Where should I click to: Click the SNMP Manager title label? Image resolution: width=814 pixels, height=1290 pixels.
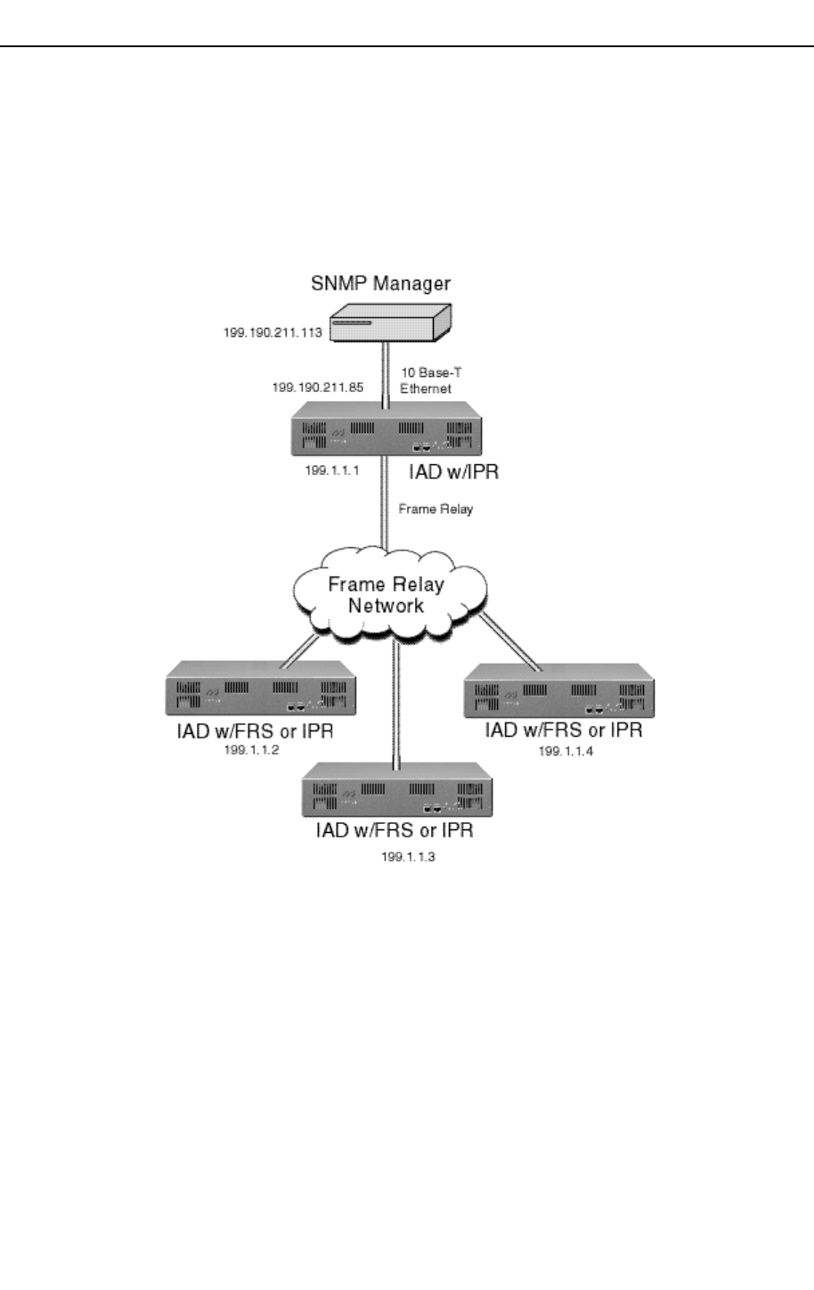coord(380,283)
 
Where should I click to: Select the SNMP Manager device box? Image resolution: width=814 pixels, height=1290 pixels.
coord(390,322)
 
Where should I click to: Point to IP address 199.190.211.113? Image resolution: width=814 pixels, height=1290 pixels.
coord(273,333)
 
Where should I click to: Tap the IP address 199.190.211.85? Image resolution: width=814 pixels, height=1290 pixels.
coord(317,388)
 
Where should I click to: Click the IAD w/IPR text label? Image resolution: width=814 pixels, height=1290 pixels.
coord(453,472)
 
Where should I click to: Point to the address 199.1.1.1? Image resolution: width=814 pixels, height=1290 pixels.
coord(331,470)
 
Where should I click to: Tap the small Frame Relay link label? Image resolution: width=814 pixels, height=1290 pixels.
coord(435,509)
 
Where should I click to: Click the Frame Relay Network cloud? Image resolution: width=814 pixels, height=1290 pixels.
coord(388,594)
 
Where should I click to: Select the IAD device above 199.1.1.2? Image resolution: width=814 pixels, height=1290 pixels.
coord(261,690)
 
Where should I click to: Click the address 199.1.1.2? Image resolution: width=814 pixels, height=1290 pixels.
coord(251,750)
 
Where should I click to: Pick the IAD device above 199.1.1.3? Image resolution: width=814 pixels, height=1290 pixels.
coord(397,791)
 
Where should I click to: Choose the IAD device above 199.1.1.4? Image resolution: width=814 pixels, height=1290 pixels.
coord(559,691)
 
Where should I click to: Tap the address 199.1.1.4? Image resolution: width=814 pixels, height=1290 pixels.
coord(566,751)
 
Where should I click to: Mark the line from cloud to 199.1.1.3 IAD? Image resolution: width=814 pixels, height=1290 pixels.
coord(395,704)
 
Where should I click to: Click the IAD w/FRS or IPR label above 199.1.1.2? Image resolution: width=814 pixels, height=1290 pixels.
coord(255,731)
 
